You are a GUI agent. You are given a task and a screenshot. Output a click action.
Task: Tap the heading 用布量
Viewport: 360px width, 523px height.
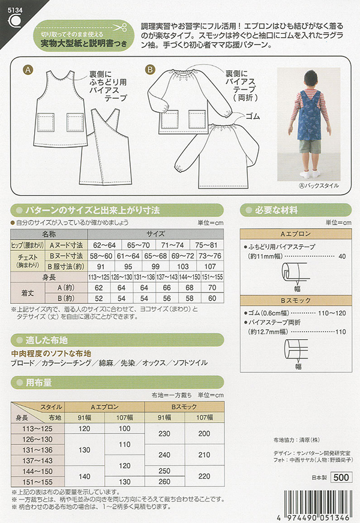pyautogui.click(x=39, y=382)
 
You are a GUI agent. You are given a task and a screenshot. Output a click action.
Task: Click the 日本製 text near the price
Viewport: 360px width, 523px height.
pyautogui.click(x=317, y=479)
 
